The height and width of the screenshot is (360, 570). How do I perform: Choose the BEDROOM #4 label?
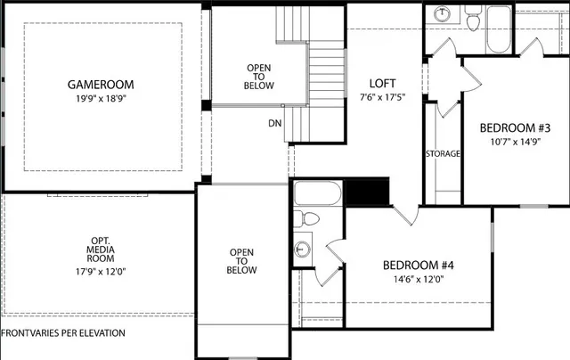click(419, 265)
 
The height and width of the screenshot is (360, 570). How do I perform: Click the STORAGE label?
click(443, 154)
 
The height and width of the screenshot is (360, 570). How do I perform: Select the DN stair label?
click(274, 124)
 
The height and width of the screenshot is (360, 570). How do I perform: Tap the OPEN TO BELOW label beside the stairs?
click(260, 76)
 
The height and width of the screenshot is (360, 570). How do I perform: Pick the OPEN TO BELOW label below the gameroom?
click(242, 261)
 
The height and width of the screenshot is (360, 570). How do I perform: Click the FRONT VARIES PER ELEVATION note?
click(63, 332)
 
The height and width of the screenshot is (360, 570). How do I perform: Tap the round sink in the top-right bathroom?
click(443, 15)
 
